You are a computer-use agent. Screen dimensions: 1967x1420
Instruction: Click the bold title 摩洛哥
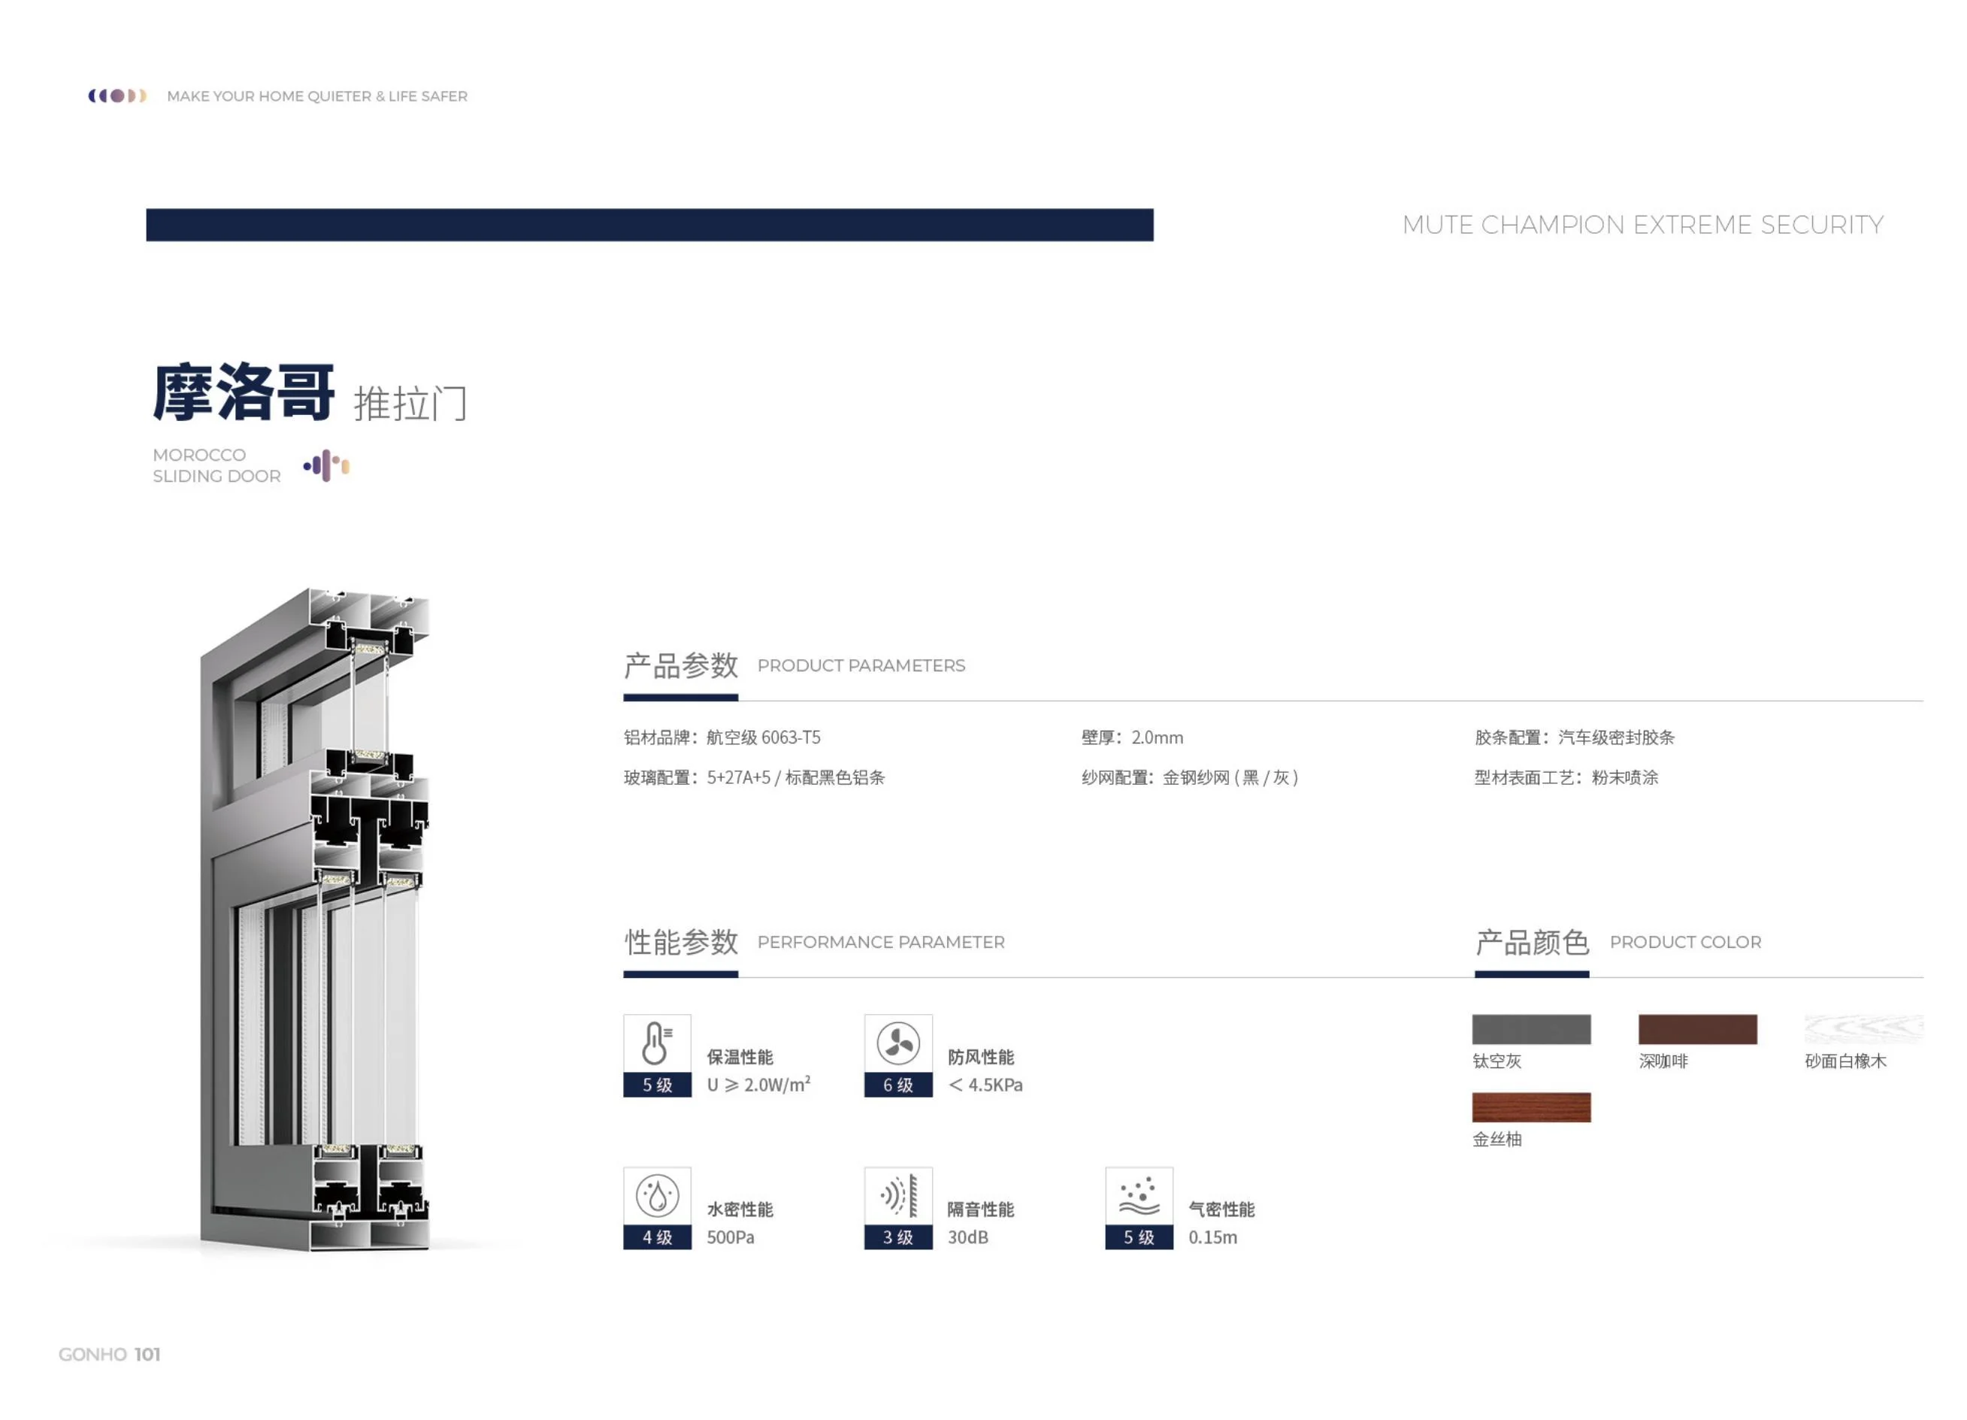tap(244, 393)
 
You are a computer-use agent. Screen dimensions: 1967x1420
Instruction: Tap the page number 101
tap(147, 1354)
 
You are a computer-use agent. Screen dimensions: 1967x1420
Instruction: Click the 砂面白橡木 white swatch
tap(1864, 1029)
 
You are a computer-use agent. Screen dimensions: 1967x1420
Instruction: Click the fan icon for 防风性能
tap(897, 1043)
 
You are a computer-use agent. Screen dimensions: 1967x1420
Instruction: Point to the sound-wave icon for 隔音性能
tap(897, 1196)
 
